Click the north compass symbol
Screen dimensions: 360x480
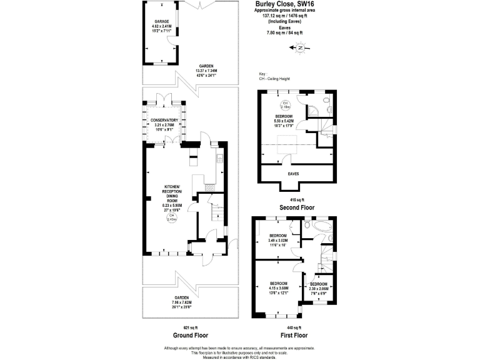tap(301, 48)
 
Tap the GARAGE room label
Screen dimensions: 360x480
tap(162, 21)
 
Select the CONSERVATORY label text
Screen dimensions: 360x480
tap(164, 120)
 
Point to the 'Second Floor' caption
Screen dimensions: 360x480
tap(297, 207)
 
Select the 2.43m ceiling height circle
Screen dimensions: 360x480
tap(171, 218)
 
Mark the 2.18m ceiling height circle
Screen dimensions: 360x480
tap(285, 105)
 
